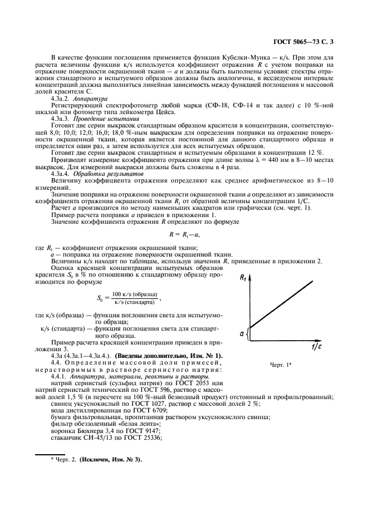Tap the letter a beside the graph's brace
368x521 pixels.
(242, 333)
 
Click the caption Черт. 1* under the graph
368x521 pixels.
(284, 365)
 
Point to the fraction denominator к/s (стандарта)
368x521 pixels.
(134, 302)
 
